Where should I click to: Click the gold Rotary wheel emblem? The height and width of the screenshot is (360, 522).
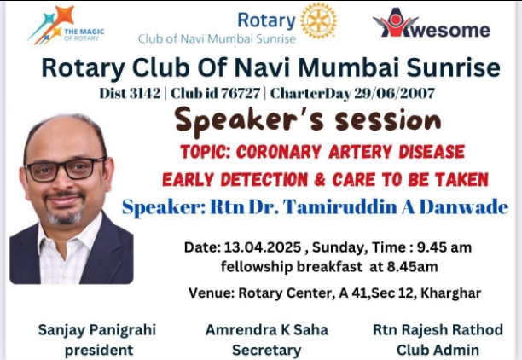(318, 21)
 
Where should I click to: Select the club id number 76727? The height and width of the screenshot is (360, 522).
(241, 93)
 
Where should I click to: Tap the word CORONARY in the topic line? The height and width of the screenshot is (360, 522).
(279, 152)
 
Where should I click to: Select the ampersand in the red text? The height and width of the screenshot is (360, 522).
(320, 180)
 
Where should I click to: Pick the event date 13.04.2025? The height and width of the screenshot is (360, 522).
(263, 247)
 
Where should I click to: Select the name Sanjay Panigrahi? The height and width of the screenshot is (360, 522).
(97, 330)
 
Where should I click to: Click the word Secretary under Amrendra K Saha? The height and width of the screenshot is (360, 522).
(267, 351)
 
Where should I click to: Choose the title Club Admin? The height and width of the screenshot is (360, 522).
(438, 350)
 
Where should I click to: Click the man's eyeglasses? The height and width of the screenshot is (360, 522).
(66, 169)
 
